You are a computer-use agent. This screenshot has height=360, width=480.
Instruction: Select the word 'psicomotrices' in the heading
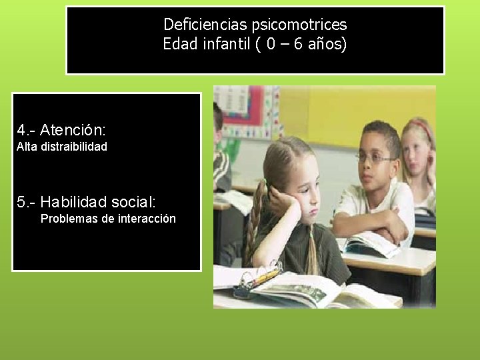299,25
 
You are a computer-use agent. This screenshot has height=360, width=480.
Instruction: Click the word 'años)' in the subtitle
330,45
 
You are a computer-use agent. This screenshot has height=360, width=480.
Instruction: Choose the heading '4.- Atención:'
62,127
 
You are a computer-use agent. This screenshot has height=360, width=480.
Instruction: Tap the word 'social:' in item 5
133,201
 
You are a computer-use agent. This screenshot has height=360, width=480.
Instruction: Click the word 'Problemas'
69,219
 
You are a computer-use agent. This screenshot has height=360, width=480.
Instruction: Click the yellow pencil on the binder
265,275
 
